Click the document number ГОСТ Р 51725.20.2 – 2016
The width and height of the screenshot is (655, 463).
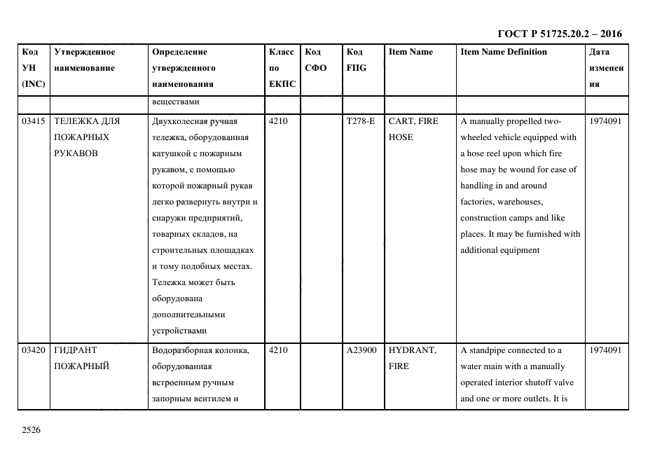560,34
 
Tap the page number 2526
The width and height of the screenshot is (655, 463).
32,430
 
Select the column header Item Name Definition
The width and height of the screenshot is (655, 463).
503,52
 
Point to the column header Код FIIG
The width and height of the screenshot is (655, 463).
356,60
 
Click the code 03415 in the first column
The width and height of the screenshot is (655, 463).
34,121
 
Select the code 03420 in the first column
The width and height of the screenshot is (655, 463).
34,350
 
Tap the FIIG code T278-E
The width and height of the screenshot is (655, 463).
361,121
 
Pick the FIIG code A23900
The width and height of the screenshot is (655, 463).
362,350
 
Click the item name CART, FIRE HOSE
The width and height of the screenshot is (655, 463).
413,129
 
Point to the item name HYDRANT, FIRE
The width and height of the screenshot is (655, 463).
412,358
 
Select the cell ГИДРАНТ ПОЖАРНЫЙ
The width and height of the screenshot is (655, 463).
82,358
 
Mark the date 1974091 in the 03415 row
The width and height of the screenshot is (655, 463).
606,121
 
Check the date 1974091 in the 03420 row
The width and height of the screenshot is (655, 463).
606,350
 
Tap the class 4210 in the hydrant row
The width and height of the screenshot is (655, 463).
279,350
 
